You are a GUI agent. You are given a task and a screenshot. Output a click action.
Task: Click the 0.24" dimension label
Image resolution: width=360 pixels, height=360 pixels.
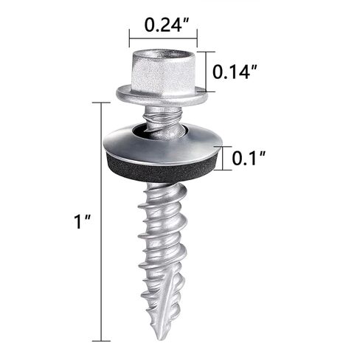(x=167, y=25)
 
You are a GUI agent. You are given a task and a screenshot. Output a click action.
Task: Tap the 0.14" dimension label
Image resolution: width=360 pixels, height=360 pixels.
(x=235, y=72)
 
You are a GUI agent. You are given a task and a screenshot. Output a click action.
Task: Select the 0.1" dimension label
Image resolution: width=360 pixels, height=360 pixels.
(x=249, y=158)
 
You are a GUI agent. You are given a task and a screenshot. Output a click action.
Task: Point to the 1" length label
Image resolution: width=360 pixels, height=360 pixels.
(x=83, y=221)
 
